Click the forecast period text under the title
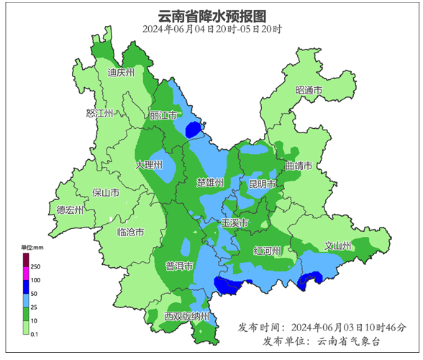pos(211,30)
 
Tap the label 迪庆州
pos(121,72)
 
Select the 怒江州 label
pos(99,114)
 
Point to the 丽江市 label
pos(163,115)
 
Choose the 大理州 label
pos(150,165)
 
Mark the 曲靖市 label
pos(299,166)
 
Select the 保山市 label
pos(106,193)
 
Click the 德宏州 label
pos(70,210)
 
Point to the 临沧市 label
pos(130,233)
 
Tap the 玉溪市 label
pos(235,224)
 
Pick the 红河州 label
pos(268,251)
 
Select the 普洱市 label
pos(179,266)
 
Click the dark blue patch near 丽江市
pos(192,130)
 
